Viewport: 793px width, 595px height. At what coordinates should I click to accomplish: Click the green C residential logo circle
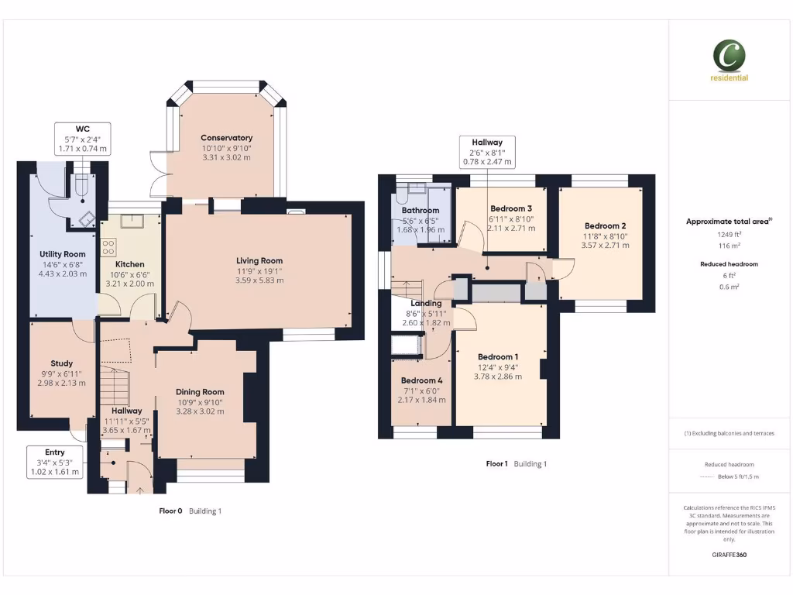(x=729, y=55)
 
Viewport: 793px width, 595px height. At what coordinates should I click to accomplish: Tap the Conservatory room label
(x=226, y=138)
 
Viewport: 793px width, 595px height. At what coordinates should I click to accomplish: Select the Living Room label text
(x=259, y=261)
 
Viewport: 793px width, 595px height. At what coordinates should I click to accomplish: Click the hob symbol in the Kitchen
(x=109, y=247)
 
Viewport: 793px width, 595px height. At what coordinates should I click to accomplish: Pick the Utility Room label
(x=63, y=254)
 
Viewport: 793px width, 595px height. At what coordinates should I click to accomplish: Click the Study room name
(x=62, y=363)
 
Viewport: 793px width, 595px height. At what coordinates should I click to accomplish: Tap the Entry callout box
(x=55, y=461)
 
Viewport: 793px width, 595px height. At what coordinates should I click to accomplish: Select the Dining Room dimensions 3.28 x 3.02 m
(x=200, y=411)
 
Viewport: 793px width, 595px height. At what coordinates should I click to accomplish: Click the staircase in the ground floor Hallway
(x=114, y=384)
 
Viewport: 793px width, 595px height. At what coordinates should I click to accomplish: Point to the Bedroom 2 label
(x=605, y=226)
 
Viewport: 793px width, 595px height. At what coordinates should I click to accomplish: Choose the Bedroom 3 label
(x=511, y=208)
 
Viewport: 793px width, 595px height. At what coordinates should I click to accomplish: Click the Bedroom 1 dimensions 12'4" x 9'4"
(x=498, y=367)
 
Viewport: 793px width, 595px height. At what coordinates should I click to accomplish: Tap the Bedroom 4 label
(x=422, y=380)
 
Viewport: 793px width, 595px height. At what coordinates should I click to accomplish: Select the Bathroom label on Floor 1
(x=421, y=211)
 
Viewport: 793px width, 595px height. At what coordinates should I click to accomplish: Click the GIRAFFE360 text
(x=729, y=555)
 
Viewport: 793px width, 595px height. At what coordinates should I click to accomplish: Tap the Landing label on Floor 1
(x=426, y=303)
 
